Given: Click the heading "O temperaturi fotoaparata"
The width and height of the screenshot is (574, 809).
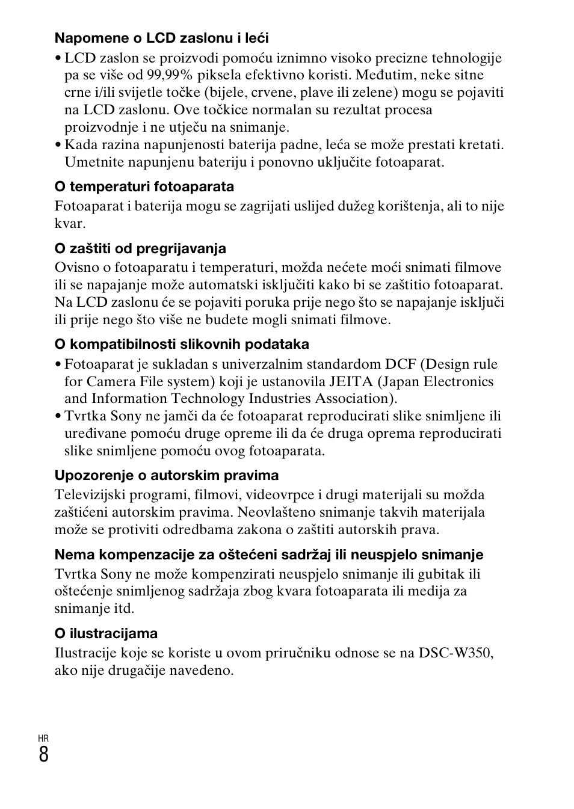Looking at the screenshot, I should coord(144,187).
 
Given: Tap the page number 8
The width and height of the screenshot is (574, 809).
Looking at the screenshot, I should coord(43,754).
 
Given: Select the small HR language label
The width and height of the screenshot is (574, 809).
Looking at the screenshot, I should coord(43,739).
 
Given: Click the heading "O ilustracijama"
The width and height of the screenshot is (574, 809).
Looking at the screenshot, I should coord(106,633).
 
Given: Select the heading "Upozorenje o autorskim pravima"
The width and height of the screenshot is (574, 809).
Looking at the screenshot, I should coord(167,476).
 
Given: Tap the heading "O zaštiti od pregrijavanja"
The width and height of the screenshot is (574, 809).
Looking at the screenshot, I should coord(140,248).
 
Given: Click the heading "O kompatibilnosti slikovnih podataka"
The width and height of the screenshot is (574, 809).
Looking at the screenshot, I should coord(182,345).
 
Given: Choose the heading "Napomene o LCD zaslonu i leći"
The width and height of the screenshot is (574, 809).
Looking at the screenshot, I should coord(161,38).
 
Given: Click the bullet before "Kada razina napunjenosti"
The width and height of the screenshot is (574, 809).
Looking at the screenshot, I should coord(58,145).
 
